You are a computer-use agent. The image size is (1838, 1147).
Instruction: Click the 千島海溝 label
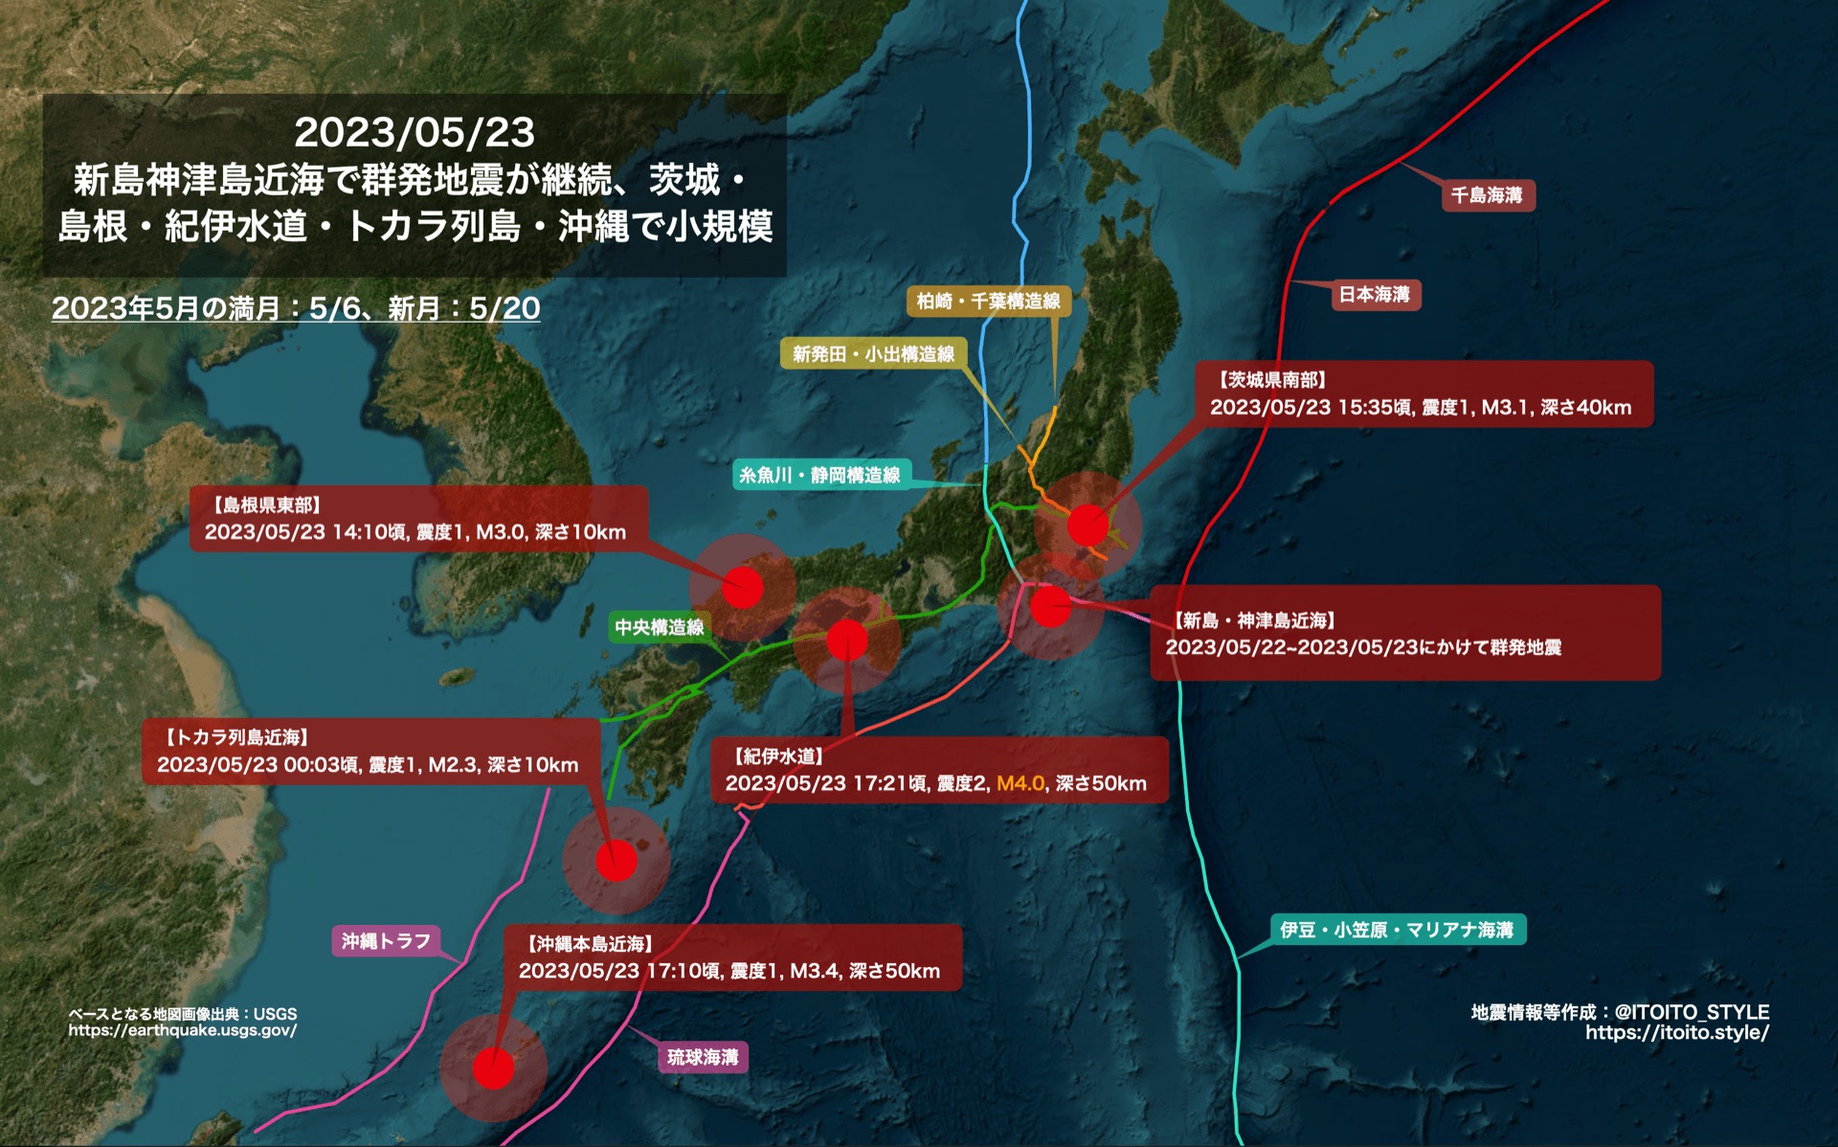(x=1487, y=195)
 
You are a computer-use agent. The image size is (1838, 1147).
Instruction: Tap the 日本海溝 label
(x=1374, y=295)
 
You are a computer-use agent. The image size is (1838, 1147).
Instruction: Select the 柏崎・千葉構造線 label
(x=988, y=302)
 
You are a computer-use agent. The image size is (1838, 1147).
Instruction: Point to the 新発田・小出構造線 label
(x=873, y=354)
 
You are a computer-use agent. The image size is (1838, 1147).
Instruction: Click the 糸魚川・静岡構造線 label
(x=820, y=475)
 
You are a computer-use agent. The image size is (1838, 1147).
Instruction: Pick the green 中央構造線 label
(x=659, y=627)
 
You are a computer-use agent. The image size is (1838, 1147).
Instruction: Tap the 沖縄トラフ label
(x=386, y=941)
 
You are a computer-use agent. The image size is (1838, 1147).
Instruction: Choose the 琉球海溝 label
(x=703, y=1057)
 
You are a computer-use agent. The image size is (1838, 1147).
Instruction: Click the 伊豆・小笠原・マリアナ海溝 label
(x=1397, y=930)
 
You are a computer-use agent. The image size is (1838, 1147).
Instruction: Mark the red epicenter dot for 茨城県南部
(x=1087, y=525)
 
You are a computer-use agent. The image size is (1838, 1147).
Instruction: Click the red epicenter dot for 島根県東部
(x=743, y=587)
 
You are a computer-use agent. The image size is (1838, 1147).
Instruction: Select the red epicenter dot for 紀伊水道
(x=847, y=640)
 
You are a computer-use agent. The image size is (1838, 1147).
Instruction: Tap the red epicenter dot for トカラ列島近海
(x=616, y=860)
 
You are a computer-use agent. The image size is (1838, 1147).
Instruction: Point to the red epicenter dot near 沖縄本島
(x=494, y=1068)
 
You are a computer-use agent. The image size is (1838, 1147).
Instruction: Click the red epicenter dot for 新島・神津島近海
(x=1050, y=606)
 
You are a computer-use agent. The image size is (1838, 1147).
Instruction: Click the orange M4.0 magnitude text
(x=1020, y=783)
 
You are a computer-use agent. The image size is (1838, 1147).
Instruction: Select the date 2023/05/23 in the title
(x=415, y=132)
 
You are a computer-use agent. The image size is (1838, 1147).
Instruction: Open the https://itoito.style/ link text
(x=1676, y=1033)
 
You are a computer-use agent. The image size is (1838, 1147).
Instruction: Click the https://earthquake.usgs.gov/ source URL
(x=183, y=1031)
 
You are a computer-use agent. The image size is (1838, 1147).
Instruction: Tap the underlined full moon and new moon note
(x=296, y=308)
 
